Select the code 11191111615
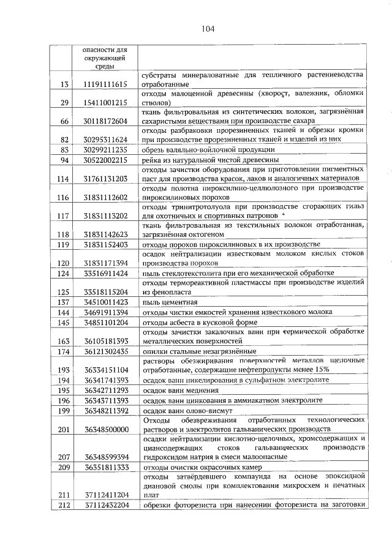coord(103,84)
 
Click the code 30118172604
coord(103,121)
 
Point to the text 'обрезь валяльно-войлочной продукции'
coord(208,149)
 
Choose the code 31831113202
coord(103,215)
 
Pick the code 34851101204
coord(103,322)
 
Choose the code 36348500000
coord(103,429)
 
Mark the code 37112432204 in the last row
coord(103,505)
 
